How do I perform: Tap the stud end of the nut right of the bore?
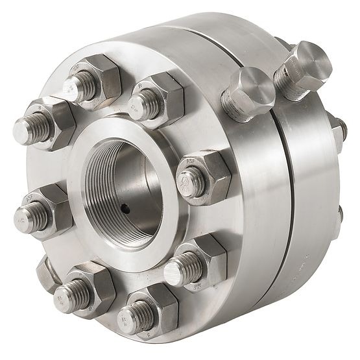[189, 182]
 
